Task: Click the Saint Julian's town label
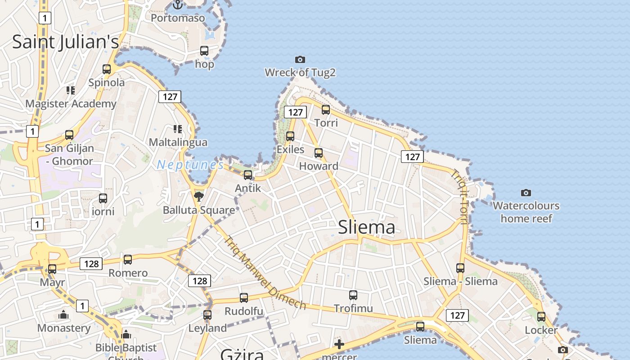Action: (x=65, y=42)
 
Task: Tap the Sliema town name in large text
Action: (x=366, y=227)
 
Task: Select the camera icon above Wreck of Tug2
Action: (x=300, y=59)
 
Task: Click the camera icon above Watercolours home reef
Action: (x=526, y=193)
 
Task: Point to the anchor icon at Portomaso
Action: (x=178, y=5)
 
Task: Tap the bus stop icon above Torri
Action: (x=326, y=110)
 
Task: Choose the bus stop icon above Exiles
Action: (x=290, y=136)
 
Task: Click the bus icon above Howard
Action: (x=319, y=153)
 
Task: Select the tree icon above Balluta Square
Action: (x=198, y=196)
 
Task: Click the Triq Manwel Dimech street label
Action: (x=265, y=273)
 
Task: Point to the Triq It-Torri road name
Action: (x=460, y=197)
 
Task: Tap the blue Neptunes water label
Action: (x=190, y=165)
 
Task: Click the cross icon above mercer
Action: (x=339, y=345)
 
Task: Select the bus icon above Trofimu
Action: (x=353, y=295)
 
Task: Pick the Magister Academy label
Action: (x=71, y=104)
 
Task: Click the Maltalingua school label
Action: (x=178, y=143)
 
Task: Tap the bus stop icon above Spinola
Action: (x=107, y=69)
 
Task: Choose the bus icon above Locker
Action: (x=541, y=317)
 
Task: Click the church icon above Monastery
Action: (x=63, y=315)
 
